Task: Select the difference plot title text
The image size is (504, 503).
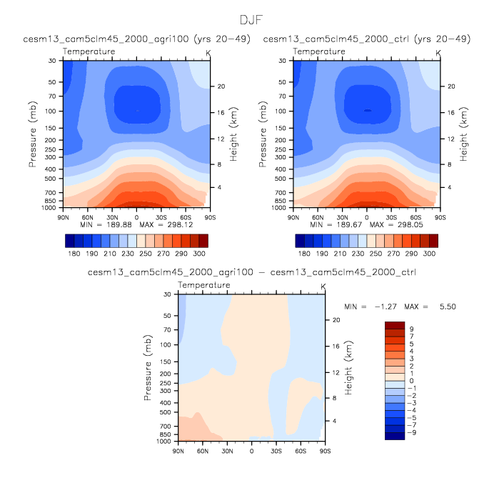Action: [x=251, y=272]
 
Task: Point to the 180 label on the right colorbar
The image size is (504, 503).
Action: [x=303, y=254]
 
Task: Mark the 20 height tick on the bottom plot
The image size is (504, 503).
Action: [x=335, y=320]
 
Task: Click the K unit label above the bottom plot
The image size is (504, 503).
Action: [x=323, y=287]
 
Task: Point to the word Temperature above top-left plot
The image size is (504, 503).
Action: [x=89, y=52]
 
